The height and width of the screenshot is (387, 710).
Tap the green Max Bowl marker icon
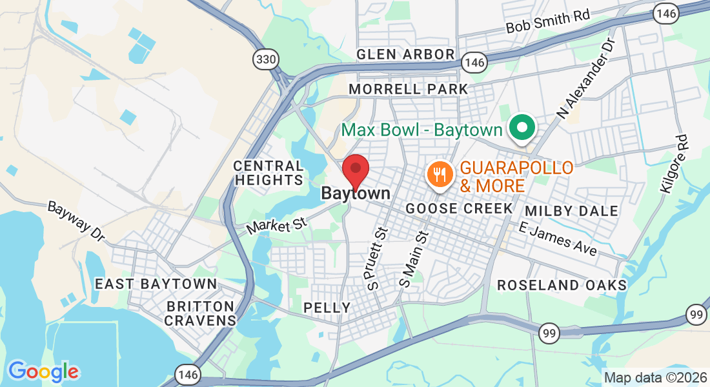click(522, 128)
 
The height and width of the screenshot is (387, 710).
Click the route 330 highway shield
click(266, 60)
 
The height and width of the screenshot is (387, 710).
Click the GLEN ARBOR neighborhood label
click(406, 54)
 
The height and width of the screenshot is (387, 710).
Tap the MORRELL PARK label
click(408, 88)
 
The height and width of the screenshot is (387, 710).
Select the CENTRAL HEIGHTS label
click(269, 174)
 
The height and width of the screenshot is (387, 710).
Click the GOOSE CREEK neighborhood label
click(459, 209)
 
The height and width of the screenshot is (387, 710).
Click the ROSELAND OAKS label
click(562, 285)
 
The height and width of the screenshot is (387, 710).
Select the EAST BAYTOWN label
click(156, 284)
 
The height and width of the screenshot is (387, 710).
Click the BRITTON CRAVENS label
click(201, 313)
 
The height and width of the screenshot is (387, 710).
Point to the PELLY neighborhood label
click(327, 308)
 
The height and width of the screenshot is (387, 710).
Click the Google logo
click(43, 371)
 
